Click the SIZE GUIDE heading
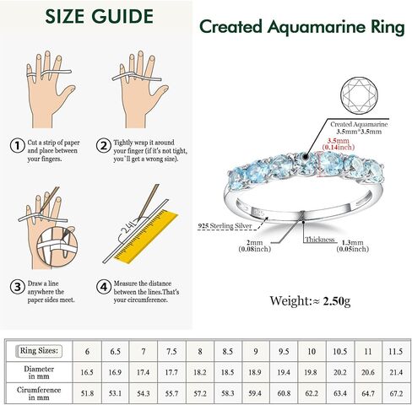point(99,16)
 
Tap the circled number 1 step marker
point(18,146)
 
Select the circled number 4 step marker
point(104,287)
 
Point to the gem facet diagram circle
point(359,95)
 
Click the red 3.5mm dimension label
point(338,143)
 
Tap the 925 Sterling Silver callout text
point(225,225)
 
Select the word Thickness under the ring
point(320,240)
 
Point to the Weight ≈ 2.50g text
point(310,301)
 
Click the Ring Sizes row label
point(39,351)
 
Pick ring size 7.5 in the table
point(171,351)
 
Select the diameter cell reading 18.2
point(199,372)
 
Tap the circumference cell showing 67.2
point(396,393)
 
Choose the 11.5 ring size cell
point(396,351)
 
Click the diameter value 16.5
point(87,372)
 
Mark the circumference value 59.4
point(255,393)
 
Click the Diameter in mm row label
point(39,372)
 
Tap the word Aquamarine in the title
point(316,28)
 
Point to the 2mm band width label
point(255,246)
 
